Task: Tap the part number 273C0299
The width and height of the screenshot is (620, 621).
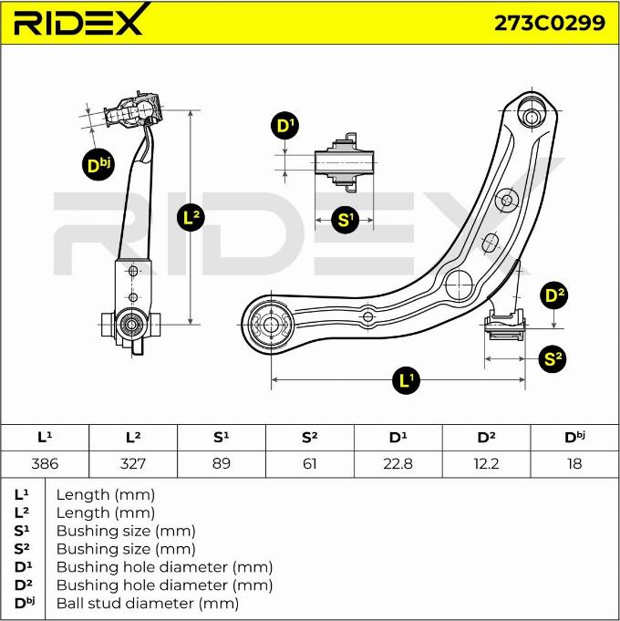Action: (549, 23)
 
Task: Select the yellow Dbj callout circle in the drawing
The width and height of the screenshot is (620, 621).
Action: (97, 164)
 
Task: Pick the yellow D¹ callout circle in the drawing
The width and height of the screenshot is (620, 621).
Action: (286, 126)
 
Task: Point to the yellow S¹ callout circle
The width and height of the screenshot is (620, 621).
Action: (345, 219)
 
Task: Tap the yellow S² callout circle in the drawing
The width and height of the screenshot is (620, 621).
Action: (553, 358)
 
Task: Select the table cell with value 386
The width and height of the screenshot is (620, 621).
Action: (45, 463)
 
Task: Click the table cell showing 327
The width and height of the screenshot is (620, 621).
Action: (133, 463)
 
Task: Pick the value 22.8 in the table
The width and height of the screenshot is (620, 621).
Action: (398, 463)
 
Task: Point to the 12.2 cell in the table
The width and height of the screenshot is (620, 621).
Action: (486, 463)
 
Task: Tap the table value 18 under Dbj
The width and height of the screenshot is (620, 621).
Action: (574, 463)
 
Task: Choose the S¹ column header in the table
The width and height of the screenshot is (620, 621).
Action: (221, 438)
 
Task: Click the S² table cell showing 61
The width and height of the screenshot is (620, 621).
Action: (309, 463)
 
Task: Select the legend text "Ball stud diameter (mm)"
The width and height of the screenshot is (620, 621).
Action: (148, 603)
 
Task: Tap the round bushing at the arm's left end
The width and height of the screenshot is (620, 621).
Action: (270, 324)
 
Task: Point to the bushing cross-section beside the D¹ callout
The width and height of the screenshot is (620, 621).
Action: (344, 163)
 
